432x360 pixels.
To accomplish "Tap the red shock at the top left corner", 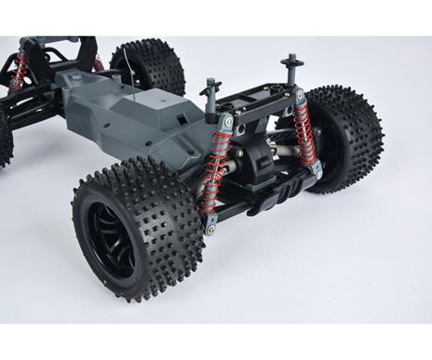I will [17, 70].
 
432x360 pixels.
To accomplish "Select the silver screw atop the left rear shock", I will [228, 120].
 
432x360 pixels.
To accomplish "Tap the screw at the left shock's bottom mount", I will [210, 229].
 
